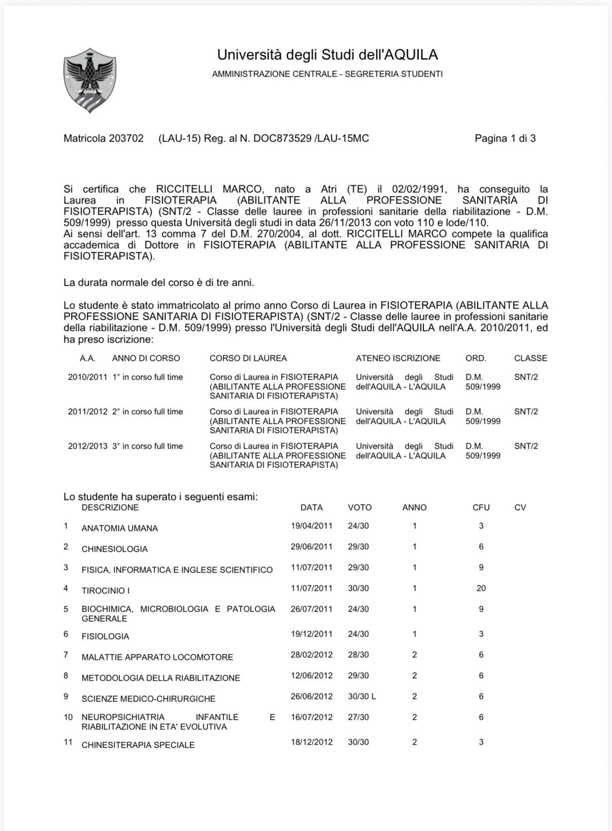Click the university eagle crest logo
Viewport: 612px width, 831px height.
(90, 80)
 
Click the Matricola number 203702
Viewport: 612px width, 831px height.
(126, 138)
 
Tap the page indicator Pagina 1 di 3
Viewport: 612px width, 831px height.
(505, 138)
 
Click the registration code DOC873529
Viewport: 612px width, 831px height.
(282, 138)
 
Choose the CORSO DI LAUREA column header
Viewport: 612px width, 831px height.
(248, 358)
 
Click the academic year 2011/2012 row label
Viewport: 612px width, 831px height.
(87, 412)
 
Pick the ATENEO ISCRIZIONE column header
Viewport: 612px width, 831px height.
(398, 358)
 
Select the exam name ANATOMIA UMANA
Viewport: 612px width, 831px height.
(120, 528)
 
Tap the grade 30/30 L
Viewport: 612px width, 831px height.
(362, 696)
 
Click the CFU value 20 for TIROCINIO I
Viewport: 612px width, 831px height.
(481, 588)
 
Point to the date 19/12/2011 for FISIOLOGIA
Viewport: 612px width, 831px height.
(312, 634)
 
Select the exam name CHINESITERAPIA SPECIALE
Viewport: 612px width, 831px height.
(138, 745)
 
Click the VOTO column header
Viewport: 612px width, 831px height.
(360, 508)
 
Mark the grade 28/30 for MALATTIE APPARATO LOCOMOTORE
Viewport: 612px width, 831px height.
(358, 655)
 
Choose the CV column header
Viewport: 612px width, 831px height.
(520, 508)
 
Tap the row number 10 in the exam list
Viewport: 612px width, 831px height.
(69, 717)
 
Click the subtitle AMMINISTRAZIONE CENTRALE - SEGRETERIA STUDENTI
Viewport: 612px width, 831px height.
(327, 74)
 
